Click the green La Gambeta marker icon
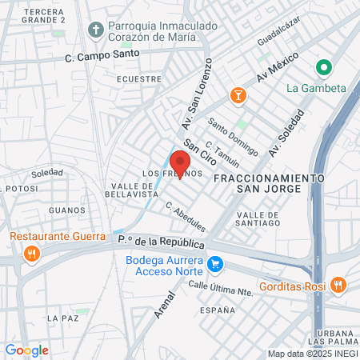(324, 68)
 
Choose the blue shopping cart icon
(214, 264)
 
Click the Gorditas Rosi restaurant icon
(338, 284)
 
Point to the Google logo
(26, 350)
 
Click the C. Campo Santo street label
(102, 55)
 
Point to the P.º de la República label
(160, 242)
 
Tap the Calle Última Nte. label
(221, 287)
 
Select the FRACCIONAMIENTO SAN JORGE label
(268, 182)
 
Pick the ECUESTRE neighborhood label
(134, 79)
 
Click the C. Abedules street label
(186, 216)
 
